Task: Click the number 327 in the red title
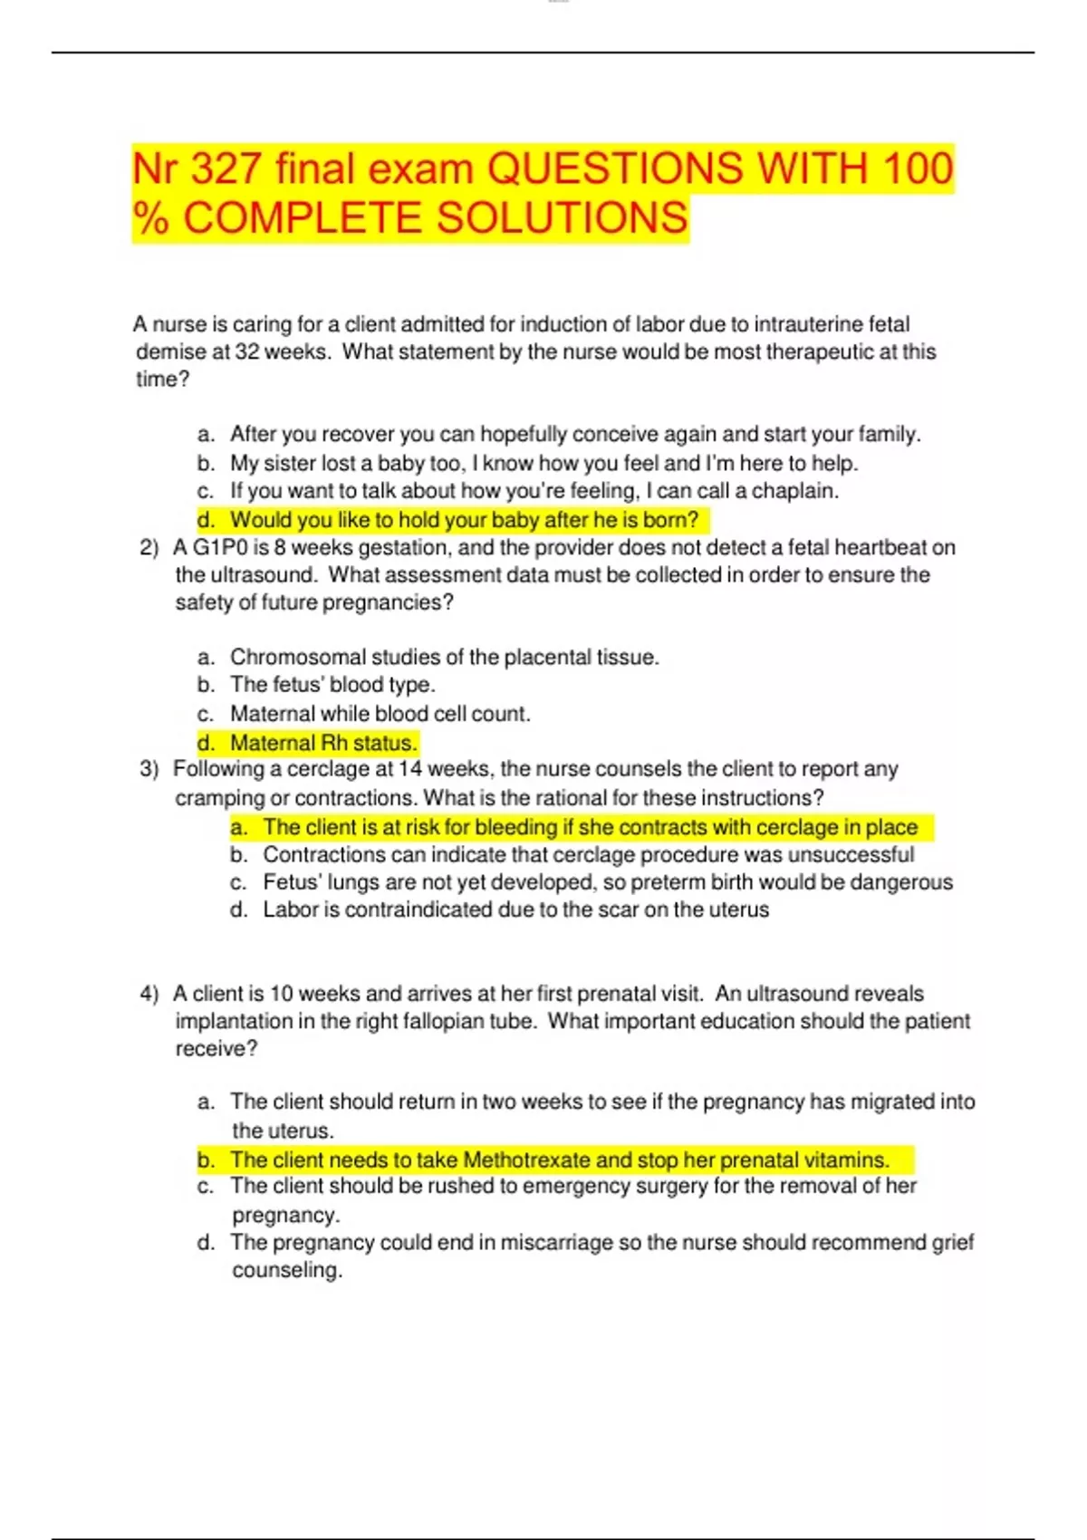pyautogui.click(x=226, y=169)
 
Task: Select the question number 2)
pyautogui.click(x=149, y=547)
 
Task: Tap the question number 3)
pyautogui.click(x=149, y=769)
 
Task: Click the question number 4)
pyautogui.click(x=149, y=994)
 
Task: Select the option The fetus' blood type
pyautogui.click(x=332, y=685)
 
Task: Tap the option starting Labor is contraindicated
pyautogui.click(x=515, y=910)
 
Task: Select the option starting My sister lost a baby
pyautogui.click(x=543, y=464)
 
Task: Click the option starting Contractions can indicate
pyautogui.click(x=588, y=854)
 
